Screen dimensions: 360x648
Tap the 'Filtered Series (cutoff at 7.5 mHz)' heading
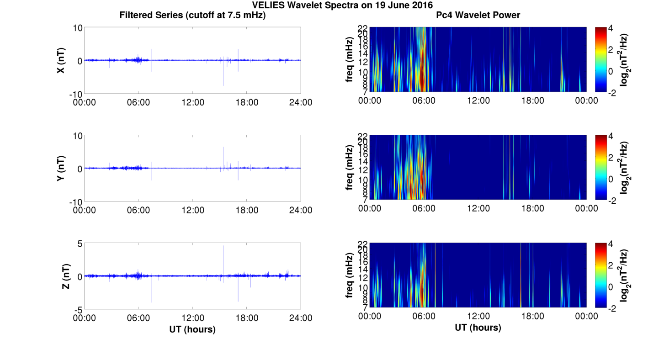click(192, 15)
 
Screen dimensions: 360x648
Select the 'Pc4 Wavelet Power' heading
click(478, 15)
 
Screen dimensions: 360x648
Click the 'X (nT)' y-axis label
click(61, 60)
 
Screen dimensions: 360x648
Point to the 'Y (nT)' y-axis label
click(61, 168)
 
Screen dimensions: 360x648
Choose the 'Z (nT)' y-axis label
click(66, 276)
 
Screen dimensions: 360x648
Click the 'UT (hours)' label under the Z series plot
click(192, 329)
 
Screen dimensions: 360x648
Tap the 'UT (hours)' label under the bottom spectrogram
click(478, 327)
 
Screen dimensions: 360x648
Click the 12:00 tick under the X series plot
click(192, 102)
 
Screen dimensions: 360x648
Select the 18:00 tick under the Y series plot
click(246, 210)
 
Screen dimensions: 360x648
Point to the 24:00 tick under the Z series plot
click(300, 318)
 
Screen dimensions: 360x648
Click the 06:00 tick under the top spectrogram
click(424, 101)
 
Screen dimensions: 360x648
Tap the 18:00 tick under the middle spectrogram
click(532, 208)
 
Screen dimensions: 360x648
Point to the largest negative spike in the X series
click(223, 85)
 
